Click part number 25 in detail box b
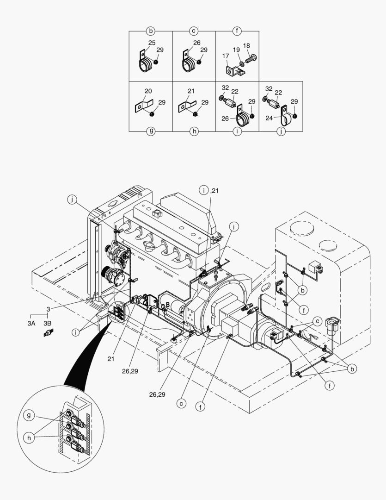tap(152, 43)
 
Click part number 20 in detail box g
tap(148, 91)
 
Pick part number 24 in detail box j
tap(270, 118)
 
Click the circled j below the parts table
tap(281, 131)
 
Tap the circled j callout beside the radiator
tap(73, 200)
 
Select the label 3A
tap(31, 323)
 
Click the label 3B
tap(48, 323)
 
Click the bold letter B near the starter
tap(168, 304)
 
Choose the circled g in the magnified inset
tap(29, 415)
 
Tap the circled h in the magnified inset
tap(29, 438)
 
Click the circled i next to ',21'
tap(203, 190)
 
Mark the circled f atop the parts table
tap(237, 31)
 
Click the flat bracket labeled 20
tap(144, 105)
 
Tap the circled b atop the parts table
tap(151, 31)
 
